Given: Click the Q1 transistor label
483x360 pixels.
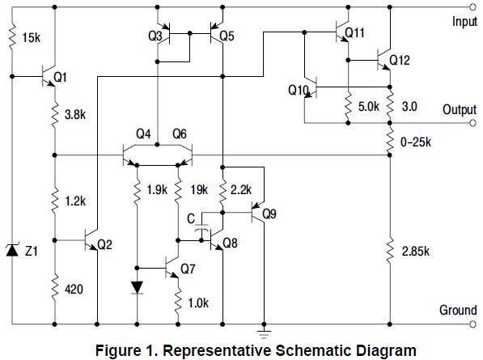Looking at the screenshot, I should (60, 78).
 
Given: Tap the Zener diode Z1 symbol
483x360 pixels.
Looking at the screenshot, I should (12, 252).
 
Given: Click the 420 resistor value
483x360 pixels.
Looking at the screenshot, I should (74, 287).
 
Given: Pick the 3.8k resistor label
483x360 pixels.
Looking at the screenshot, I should (75, 116).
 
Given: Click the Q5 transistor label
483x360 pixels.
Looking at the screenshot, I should (227, 36).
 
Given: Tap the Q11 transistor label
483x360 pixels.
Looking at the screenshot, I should (354, 33).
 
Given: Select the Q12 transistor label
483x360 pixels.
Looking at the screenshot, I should (400, 61).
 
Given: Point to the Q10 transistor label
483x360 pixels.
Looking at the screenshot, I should (298, 91).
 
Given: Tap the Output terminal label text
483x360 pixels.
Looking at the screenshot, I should (459, 109).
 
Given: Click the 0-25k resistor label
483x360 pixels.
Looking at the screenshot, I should (417, 142).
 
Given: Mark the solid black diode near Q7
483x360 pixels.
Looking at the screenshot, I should (138, 287).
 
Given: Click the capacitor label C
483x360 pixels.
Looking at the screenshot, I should (190, 218).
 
